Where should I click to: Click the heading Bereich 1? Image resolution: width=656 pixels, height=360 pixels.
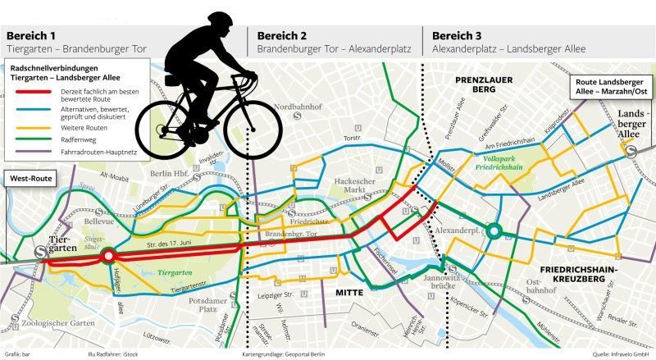[31, 35]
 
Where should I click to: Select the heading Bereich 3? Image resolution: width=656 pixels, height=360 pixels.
[458, 35]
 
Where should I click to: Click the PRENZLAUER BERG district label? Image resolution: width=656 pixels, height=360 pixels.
[476, 84]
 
